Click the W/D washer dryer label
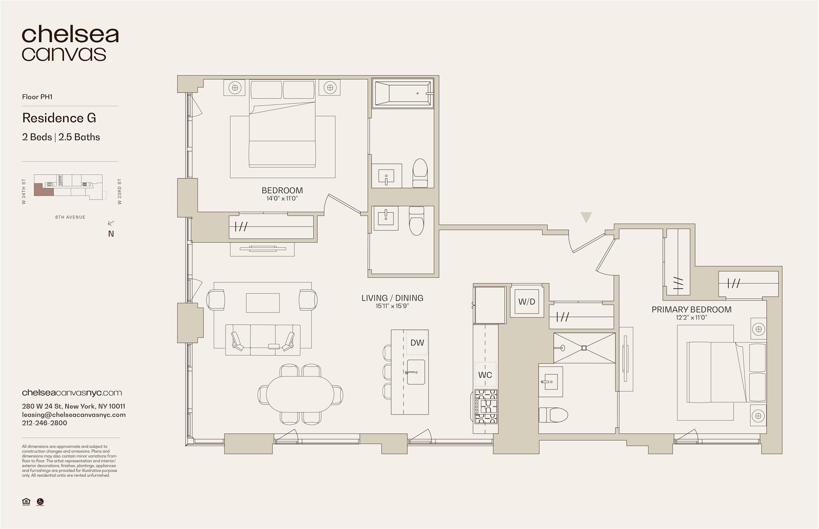coord(526,302)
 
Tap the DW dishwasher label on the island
coord(417,342)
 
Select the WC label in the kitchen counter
coord(485,375)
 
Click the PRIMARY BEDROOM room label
coord(691,310)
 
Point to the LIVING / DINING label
coord(392,298)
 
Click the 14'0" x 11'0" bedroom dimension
coord(282,198)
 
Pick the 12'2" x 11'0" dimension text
coord(691,318)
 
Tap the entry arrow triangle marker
coord(586,217)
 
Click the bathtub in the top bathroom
coord(403,93)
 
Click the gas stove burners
coord(485,406)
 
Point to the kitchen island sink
coord(416,372)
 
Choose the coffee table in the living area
coord(262,303)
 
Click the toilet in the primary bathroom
coord(553,414)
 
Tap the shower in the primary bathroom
coord(584,348)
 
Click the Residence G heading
coord(59,118)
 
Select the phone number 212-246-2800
coord(44,423)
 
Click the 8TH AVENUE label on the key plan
coord(70,217)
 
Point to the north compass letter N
coord(111,234)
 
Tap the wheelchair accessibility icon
coord(40,502)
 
